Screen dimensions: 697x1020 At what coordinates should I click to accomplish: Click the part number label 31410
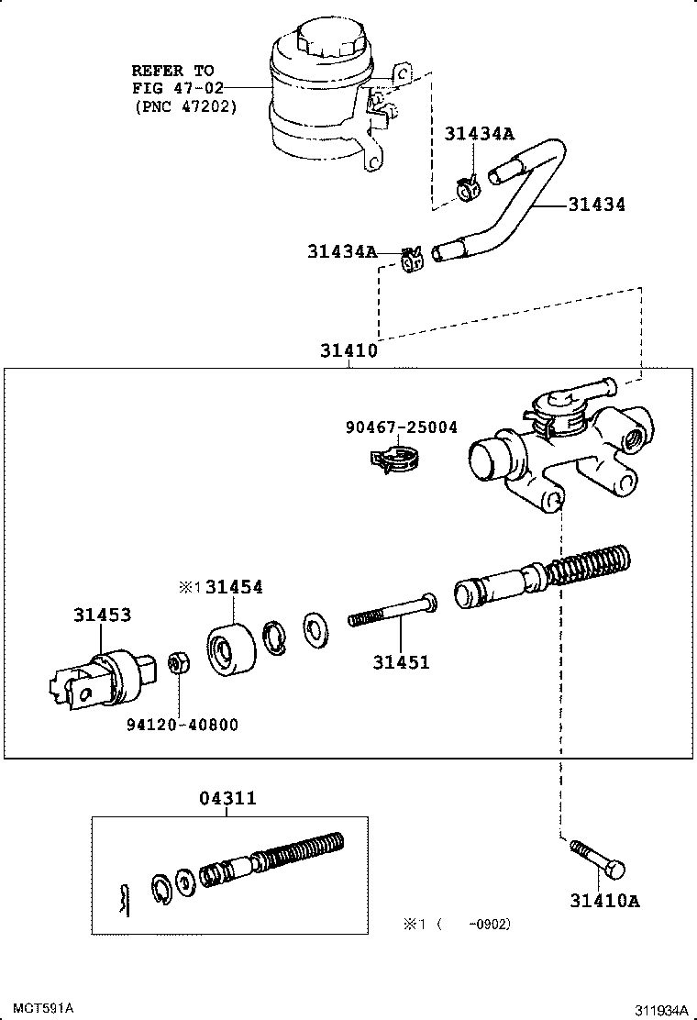pyautogui.click(x=348, y=350)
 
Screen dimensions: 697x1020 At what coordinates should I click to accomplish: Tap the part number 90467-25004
pyautogui.click(x=401, y=427)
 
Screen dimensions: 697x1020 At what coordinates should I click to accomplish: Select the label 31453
pyautogui.click(x=102, y=614)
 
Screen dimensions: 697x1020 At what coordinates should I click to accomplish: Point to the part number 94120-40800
pyautogui.click(x=183, y=725)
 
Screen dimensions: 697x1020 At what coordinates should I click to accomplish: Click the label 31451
pyautogui.click(x=401, y=662)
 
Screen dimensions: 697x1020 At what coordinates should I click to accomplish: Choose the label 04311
pyautogui.click(x=227, y=798)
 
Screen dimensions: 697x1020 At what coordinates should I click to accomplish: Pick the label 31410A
pyautogui.click(x=604, y=901)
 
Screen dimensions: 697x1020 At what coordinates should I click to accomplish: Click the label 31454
pyautogui.click(x=234, y=587)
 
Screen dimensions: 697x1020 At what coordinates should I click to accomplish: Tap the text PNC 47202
pyautogui.click(x=186, y=106)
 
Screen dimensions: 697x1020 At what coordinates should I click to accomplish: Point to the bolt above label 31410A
pyautogui.click(x=598, y=859)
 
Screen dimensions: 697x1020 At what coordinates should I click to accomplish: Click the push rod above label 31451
pyautogui.click(x=393, y=611)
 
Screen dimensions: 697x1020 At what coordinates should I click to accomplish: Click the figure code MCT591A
pyautogui.click(x=43, y=1008)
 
